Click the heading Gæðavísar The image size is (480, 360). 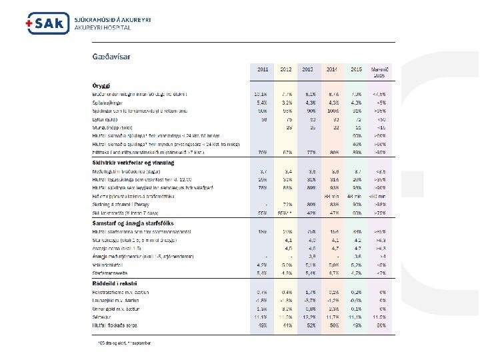[111, 56]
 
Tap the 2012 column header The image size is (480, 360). [285, 69]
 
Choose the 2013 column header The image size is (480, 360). [308, 69]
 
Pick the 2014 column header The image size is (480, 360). [332, 69]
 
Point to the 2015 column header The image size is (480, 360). [356, 69]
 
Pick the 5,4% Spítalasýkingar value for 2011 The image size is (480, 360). [261, 103]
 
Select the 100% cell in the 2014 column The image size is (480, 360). [332, 110]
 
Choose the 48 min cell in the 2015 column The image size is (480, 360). [356, 195]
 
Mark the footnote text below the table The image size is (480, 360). [124, 343]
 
